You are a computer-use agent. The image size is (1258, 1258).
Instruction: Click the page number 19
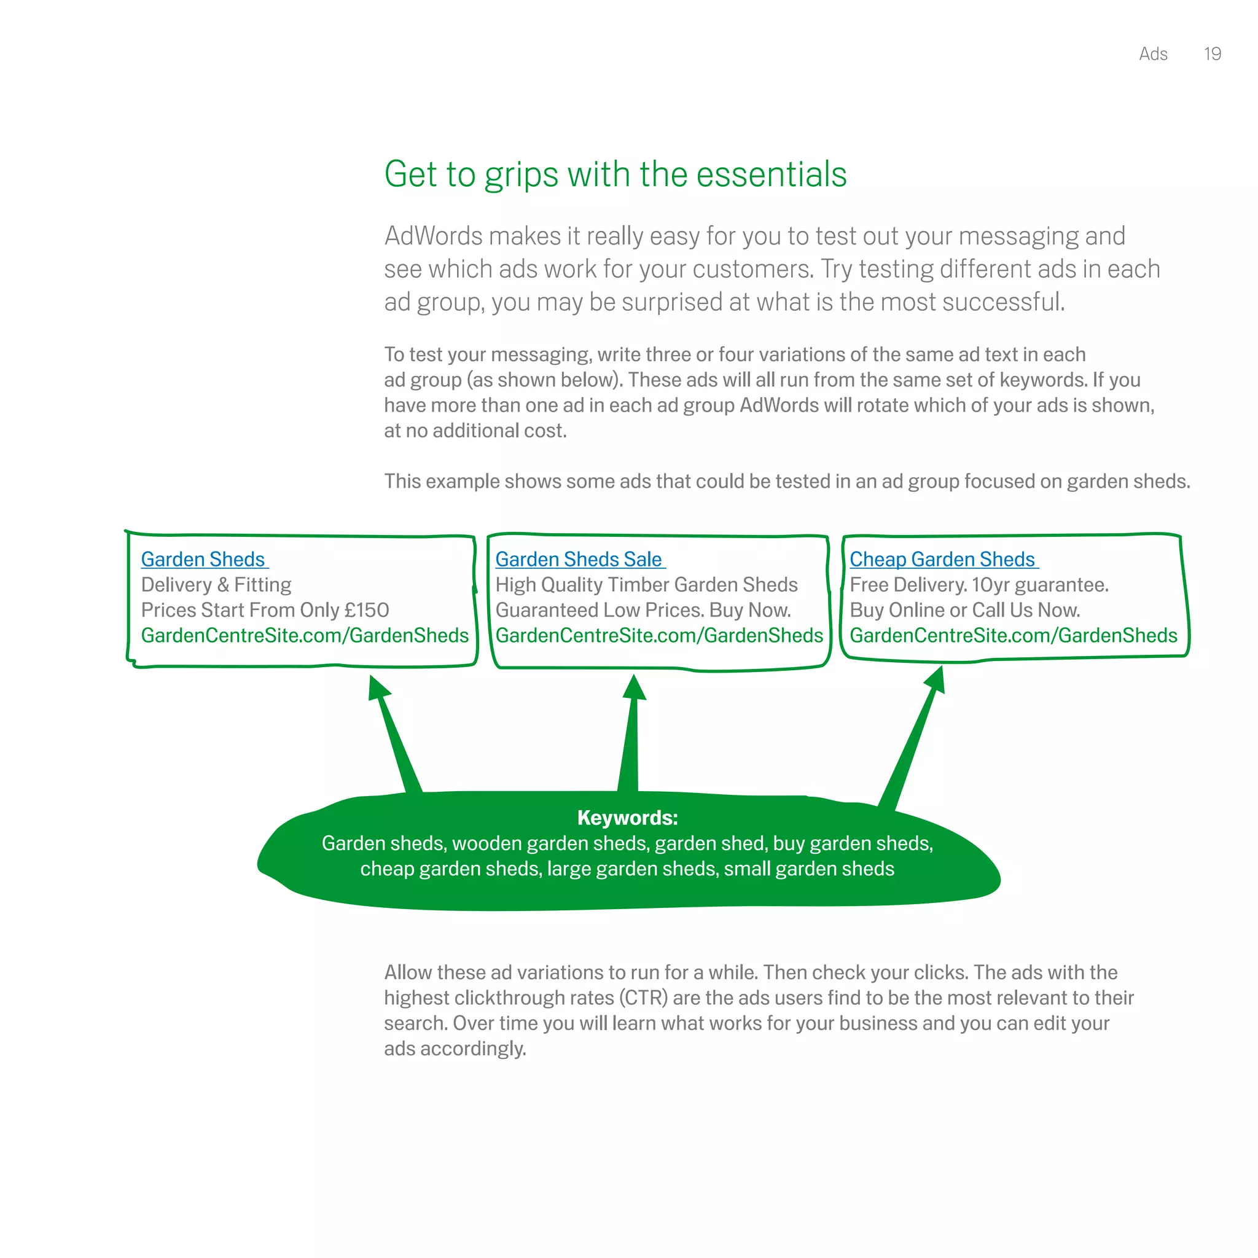(1212, 54)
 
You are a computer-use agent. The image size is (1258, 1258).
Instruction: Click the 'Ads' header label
(1153, 54)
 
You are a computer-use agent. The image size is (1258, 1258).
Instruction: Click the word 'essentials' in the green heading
(771, 174)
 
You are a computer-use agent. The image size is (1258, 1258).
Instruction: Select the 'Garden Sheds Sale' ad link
(578, 560)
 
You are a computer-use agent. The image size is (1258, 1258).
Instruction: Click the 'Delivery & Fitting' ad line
(216, 585)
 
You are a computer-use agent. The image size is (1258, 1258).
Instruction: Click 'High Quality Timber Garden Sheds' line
(646, 585)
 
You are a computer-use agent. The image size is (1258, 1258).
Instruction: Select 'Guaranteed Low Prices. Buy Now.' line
(643, 610)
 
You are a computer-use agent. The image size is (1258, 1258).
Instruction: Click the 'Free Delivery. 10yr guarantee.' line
(979, 585)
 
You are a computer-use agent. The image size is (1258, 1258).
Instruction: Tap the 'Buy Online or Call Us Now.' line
(964, 610)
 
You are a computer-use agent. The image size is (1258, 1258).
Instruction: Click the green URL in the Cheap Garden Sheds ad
(1013, 636)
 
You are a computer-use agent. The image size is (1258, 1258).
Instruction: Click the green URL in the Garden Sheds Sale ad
(659, 636)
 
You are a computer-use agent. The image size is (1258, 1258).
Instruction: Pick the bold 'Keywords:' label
(628, 818)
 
